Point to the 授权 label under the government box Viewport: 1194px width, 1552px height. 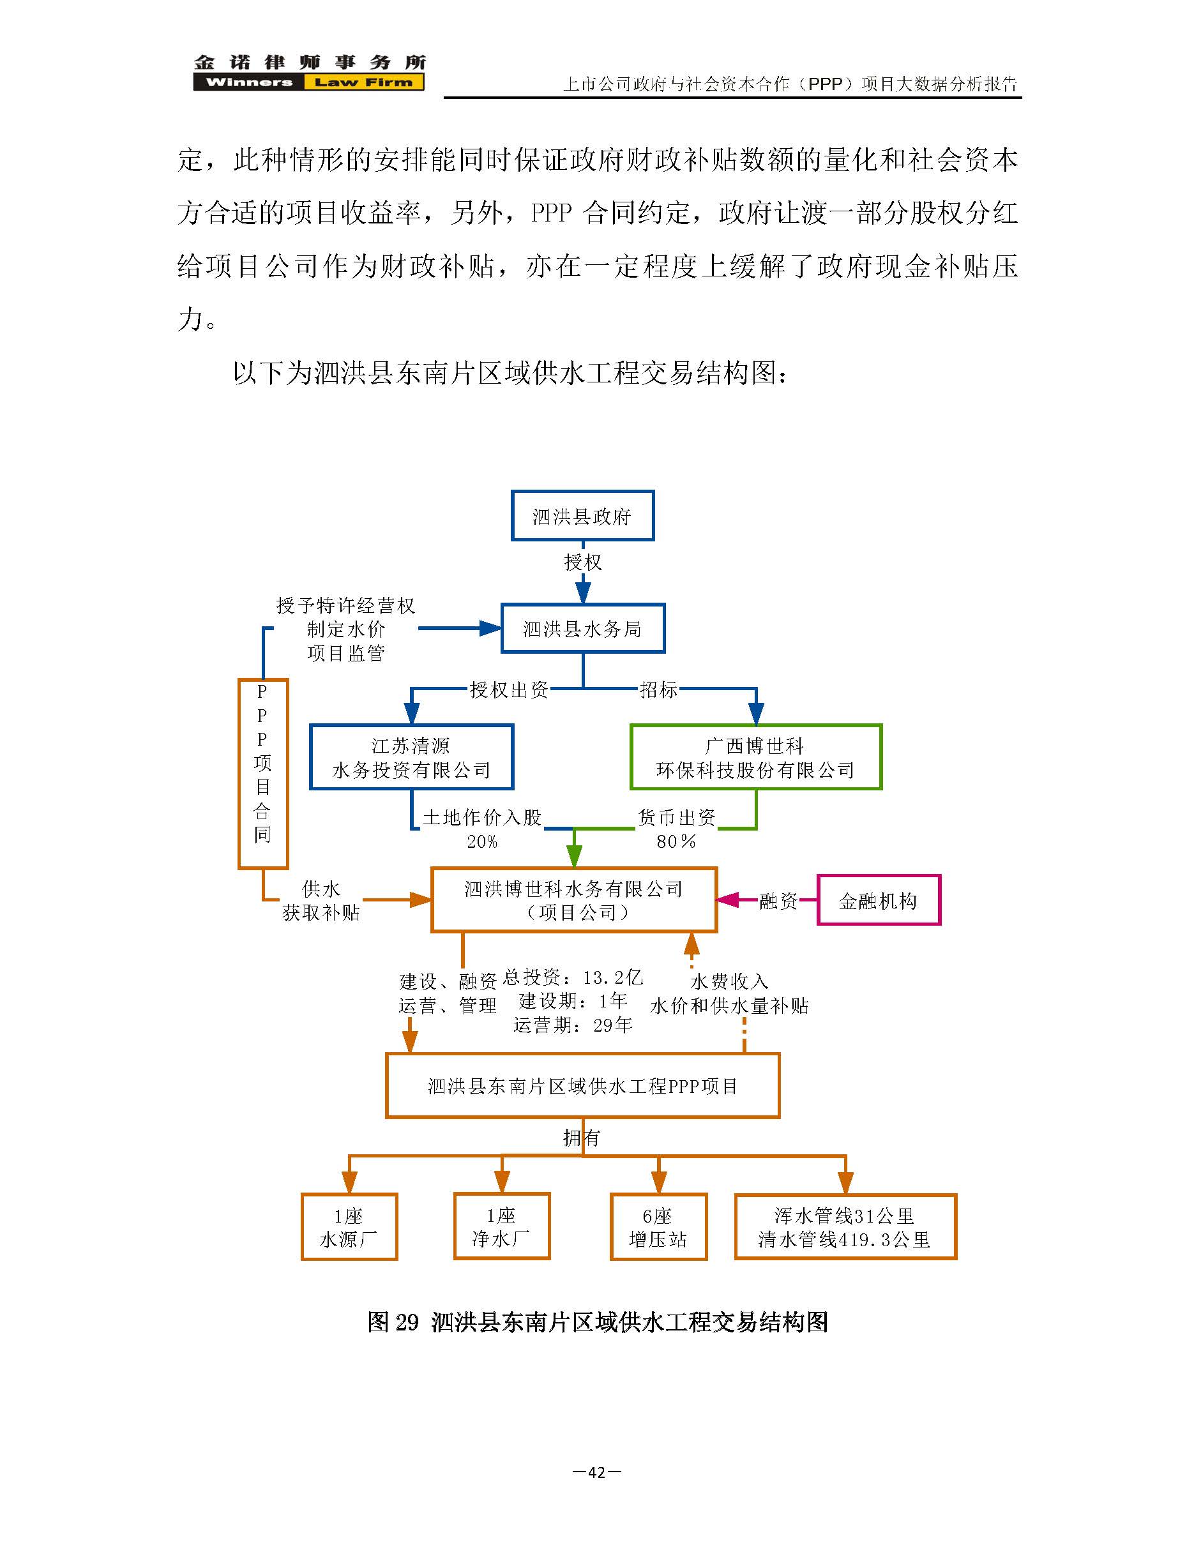[x=583, y=562]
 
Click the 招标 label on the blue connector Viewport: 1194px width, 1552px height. [x=658, y=689]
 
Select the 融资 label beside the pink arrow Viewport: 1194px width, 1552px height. [x=778, y=901]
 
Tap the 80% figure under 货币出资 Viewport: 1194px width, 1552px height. [x=676, y=841]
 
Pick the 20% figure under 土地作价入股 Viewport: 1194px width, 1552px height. [x=482, y=841]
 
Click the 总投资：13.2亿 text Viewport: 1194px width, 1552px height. [x=573, y=978]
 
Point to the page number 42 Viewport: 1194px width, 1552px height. [x=597, y=1472]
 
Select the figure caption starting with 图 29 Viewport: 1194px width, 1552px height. [x=598, y=1322]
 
